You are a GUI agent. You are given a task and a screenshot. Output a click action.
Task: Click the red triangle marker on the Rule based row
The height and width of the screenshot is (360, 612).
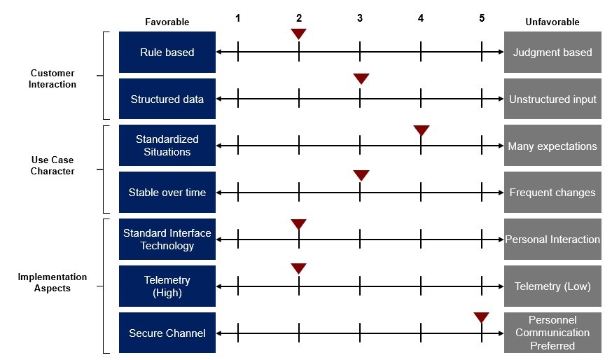point(298,34)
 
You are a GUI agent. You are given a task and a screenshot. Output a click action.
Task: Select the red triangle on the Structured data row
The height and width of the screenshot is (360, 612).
point(361,78)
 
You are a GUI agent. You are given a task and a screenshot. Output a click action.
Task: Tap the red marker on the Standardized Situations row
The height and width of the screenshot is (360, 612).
point(422,130)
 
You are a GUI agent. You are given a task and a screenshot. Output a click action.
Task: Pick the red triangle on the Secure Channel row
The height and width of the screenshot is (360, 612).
point(481,317)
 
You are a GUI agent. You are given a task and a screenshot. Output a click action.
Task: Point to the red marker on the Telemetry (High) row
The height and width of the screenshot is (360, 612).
point(298,268)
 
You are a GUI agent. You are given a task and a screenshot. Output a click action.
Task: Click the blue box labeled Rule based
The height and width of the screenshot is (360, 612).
point(167,52)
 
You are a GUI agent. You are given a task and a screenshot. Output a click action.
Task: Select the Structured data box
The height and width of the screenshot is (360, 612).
point(167,99)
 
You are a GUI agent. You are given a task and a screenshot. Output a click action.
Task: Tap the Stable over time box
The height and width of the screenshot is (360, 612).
point(167,192)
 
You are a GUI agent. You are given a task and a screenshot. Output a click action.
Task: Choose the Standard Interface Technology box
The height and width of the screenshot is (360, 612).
point(167,239)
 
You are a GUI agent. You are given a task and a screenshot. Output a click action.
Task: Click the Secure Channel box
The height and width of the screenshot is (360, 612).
point(167,333)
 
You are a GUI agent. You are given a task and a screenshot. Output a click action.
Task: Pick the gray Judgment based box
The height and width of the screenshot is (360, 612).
point(552,52)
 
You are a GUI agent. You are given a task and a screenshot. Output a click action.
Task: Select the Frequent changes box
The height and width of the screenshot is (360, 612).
point(552,192)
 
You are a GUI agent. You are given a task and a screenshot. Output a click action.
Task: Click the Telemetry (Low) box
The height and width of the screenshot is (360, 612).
point(552,286)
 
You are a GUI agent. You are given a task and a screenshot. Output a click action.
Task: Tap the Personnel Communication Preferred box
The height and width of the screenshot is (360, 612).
point(552,333)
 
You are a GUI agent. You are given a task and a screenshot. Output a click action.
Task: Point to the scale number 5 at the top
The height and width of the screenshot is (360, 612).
point(482,18)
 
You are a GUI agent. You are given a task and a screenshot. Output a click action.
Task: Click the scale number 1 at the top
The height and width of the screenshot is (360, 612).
point(237,18)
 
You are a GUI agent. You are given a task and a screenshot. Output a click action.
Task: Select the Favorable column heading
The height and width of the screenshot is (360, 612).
point(167,22)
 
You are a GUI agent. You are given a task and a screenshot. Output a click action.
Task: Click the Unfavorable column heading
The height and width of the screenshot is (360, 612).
point(552,22)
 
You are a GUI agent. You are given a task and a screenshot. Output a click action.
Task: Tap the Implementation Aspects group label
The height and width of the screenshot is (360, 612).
point(53,282)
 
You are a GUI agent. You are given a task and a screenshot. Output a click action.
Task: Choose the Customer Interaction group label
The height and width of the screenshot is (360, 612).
point(53,78)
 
